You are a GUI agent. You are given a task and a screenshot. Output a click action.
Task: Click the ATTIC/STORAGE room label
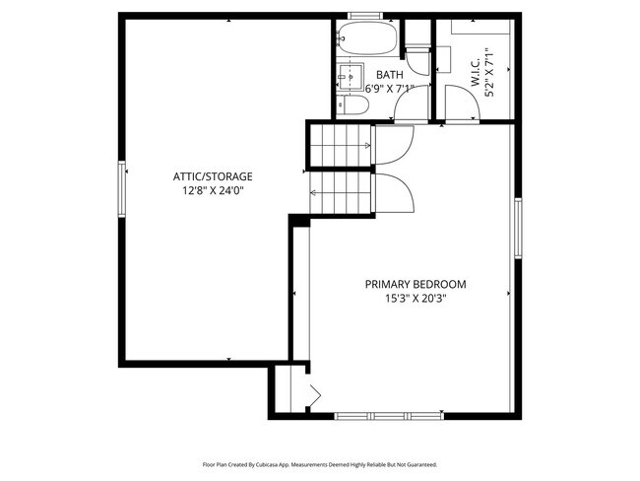213,176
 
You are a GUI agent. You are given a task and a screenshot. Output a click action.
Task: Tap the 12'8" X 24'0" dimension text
213,191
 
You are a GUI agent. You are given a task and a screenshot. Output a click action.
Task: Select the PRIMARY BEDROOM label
415,284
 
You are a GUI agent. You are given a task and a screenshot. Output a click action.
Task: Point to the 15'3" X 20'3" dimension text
415,299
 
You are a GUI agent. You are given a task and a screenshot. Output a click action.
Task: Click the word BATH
389,75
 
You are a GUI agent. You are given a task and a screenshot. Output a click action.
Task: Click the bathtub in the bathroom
366,39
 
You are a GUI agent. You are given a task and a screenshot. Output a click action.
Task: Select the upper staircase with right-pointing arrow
341,146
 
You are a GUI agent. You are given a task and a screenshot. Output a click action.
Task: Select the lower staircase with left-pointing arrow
341,193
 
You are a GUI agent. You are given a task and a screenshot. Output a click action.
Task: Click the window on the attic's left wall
122,189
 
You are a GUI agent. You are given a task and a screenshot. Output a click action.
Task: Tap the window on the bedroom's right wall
516,229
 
